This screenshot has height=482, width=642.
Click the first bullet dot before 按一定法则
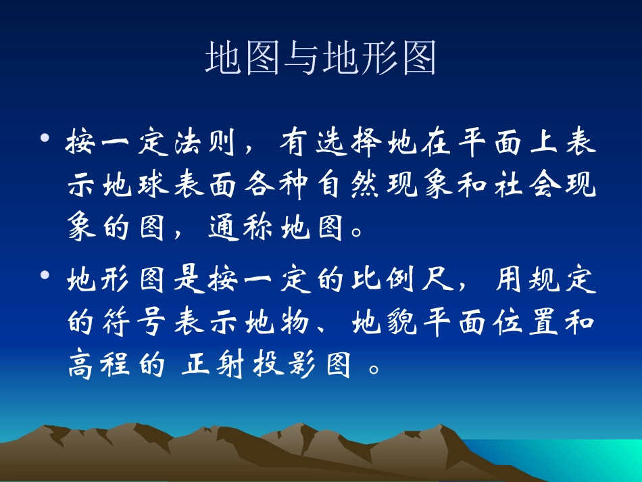pyautogui.click(x=45, y=139)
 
